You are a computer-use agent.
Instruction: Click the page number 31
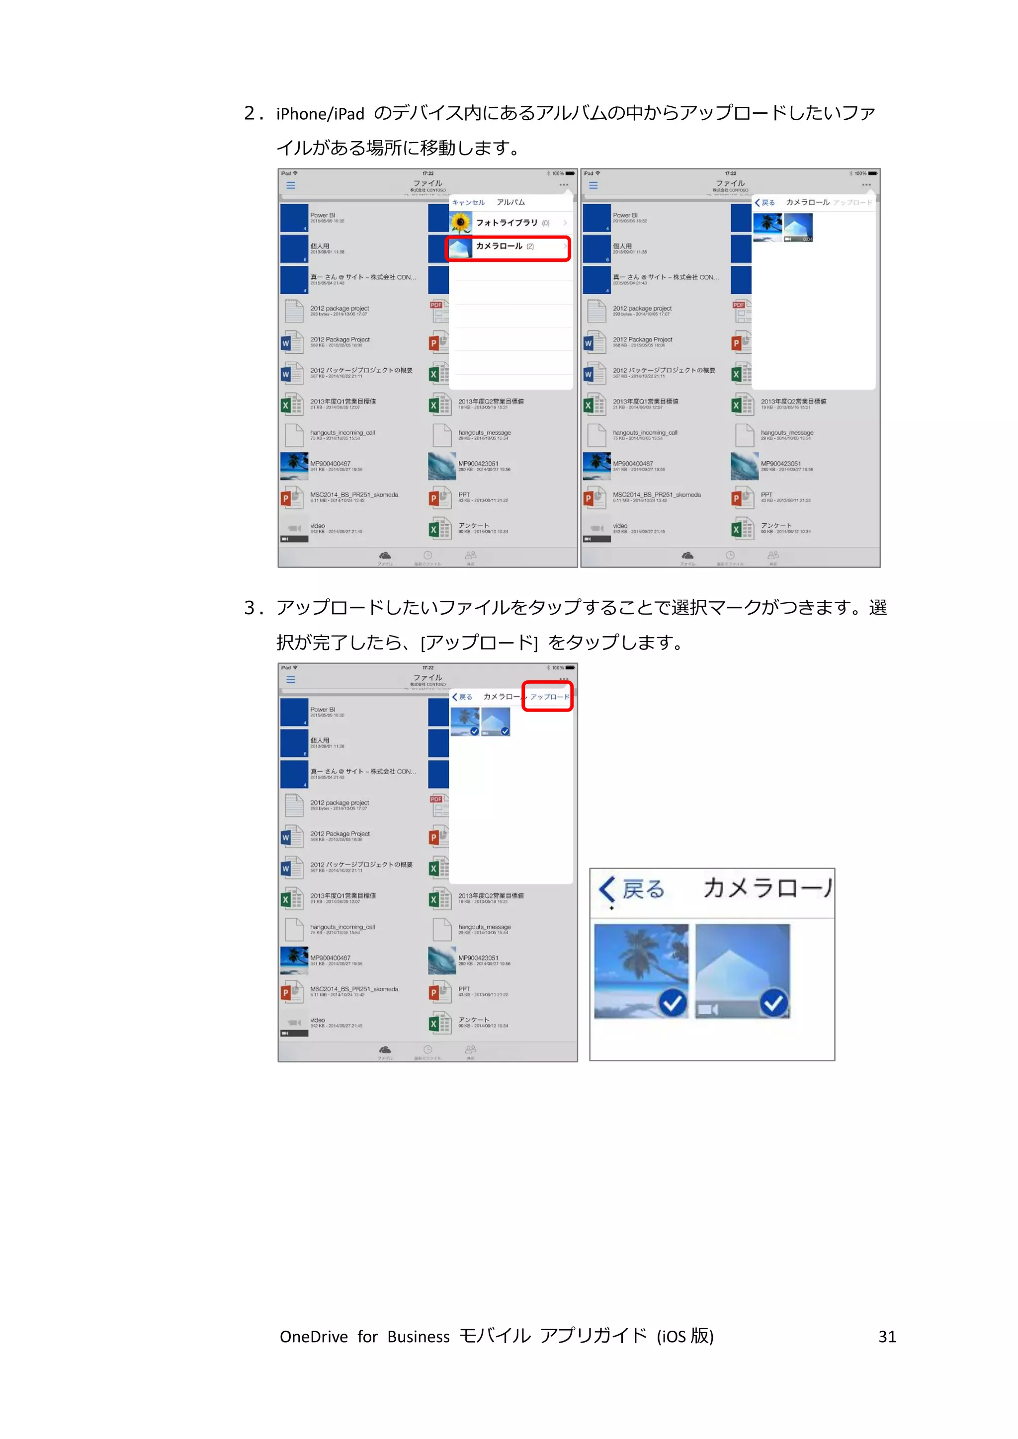(886, 1337)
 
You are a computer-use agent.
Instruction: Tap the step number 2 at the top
(251, 113)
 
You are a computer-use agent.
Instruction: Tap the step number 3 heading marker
(251, 608)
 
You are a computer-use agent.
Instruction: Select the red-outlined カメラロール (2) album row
(508, 247)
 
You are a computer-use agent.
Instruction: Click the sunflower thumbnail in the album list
(461, 223)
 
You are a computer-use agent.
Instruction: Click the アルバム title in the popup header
(510, 202)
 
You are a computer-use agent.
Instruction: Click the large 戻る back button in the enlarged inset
(633, 889)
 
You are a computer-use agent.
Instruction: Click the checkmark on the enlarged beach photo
(673, 1004)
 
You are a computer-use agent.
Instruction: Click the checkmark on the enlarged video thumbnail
(774, 1004)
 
